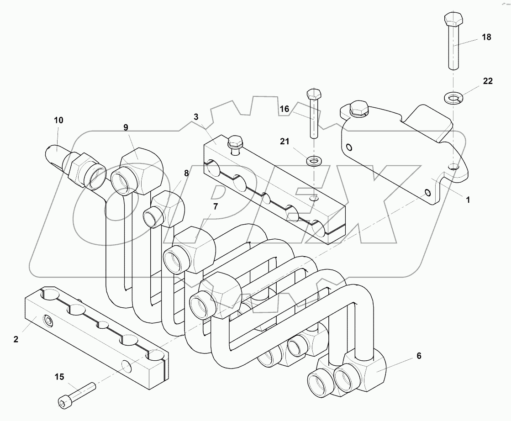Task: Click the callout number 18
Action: click(487, 37)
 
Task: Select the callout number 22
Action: click(488, 81)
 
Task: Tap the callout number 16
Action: click(285, 109)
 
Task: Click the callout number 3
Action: click(196, 117)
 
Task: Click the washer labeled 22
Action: click(453, 97)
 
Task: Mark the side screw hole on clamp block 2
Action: click(47, 321)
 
